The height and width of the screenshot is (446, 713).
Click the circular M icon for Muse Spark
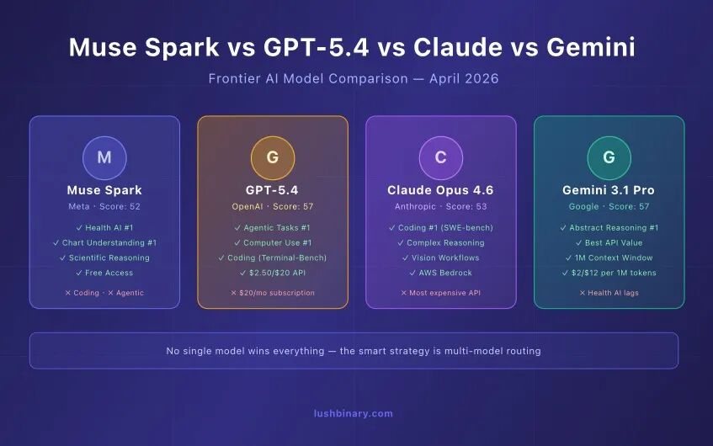104,157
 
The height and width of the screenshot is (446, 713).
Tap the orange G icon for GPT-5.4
273,157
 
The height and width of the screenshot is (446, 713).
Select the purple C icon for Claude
440,157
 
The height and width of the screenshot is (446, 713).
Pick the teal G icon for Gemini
609,157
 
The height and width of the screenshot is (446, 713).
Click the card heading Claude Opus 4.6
440,190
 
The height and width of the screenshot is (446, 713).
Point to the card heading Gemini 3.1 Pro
609,190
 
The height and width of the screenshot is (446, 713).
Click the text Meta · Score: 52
104,206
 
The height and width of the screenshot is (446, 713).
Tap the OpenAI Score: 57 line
273,206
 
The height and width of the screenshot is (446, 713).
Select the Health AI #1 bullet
104,228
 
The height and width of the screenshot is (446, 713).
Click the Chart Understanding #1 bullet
104,243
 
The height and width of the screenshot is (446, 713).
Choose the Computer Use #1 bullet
273,243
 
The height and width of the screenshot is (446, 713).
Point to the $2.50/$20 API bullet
273,273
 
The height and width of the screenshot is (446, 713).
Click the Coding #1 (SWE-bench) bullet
440,228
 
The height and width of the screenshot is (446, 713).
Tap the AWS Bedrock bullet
440,273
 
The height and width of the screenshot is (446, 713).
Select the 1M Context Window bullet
609,258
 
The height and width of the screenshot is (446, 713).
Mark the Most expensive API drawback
440,293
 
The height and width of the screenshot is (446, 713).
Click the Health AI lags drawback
609,293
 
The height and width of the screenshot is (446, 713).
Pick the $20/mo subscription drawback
273,293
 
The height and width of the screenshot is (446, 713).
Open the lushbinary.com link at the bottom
354,414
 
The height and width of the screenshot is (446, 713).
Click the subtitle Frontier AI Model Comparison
308,78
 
